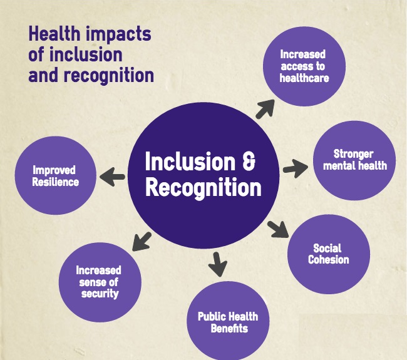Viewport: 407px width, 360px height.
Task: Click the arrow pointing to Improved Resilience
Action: [112, 177]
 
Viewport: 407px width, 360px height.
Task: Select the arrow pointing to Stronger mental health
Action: [296, 168]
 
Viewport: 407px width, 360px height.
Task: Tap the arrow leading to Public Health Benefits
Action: [217, 264]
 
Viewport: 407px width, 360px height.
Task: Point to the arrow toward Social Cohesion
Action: [278, 229]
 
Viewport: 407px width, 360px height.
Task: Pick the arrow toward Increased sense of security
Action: [142, 242]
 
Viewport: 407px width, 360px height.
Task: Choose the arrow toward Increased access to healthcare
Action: [265, 109]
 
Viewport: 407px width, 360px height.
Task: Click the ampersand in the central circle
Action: [249, 161]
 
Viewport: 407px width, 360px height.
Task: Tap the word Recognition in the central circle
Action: [203, 187]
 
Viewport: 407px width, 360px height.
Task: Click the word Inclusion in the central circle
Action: [190, 161]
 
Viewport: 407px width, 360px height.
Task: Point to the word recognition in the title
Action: [109, 75]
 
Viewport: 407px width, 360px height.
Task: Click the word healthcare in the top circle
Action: [304, 78]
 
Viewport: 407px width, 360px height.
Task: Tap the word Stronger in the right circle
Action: [353, 154]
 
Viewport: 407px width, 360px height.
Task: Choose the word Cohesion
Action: [329, 259]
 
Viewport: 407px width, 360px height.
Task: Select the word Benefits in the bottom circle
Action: [229, 328]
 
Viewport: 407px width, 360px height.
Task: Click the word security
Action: [100, 294]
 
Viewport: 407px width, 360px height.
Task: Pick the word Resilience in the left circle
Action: [56, 182]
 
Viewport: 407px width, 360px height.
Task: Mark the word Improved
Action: [54, 170]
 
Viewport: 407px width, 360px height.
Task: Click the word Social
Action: [327, 248]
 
